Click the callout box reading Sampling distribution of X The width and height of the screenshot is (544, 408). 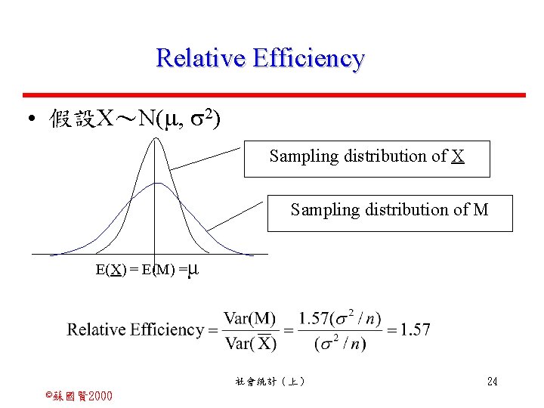[366, 158]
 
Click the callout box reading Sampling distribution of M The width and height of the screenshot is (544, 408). [390, 212]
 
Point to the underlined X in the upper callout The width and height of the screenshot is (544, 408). [458, 156]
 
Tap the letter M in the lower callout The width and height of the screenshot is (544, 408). [481, 210]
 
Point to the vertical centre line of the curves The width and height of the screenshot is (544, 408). [155, 227]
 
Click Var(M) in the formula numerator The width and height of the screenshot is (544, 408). [250, 318]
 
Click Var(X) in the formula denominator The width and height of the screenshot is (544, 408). [250, 344]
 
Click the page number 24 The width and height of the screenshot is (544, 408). [492, 382]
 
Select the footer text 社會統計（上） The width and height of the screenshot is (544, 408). [270, 382]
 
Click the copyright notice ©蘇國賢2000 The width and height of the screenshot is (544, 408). [79, 396]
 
